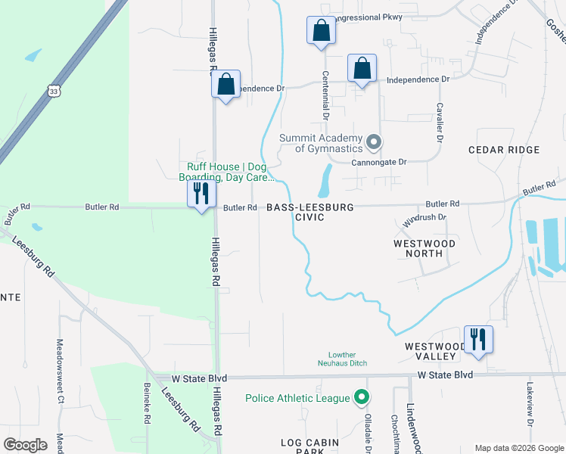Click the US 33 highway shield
pyautogui.click(x=52, y=91)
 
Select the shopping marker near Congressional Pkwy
pyautogui.click(x=321, y=31)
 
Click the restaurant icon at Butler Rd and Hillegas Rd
pyautogui.click(x=201, y=194)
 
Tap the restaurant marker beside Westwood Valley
pyautogui.click(x=478, y=338)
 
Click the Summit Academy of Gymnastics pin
pyautogui.click(x=373, y=142)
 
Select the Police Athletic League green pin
pyautogui.click(x=362, y=397)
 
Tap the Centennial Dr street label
pyautogui.click(x=326, y=96)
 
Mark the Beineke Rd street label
pyautogui.click(x=147, y=402)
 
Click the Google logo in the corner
pyautogui.click(x=25, y=445)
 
